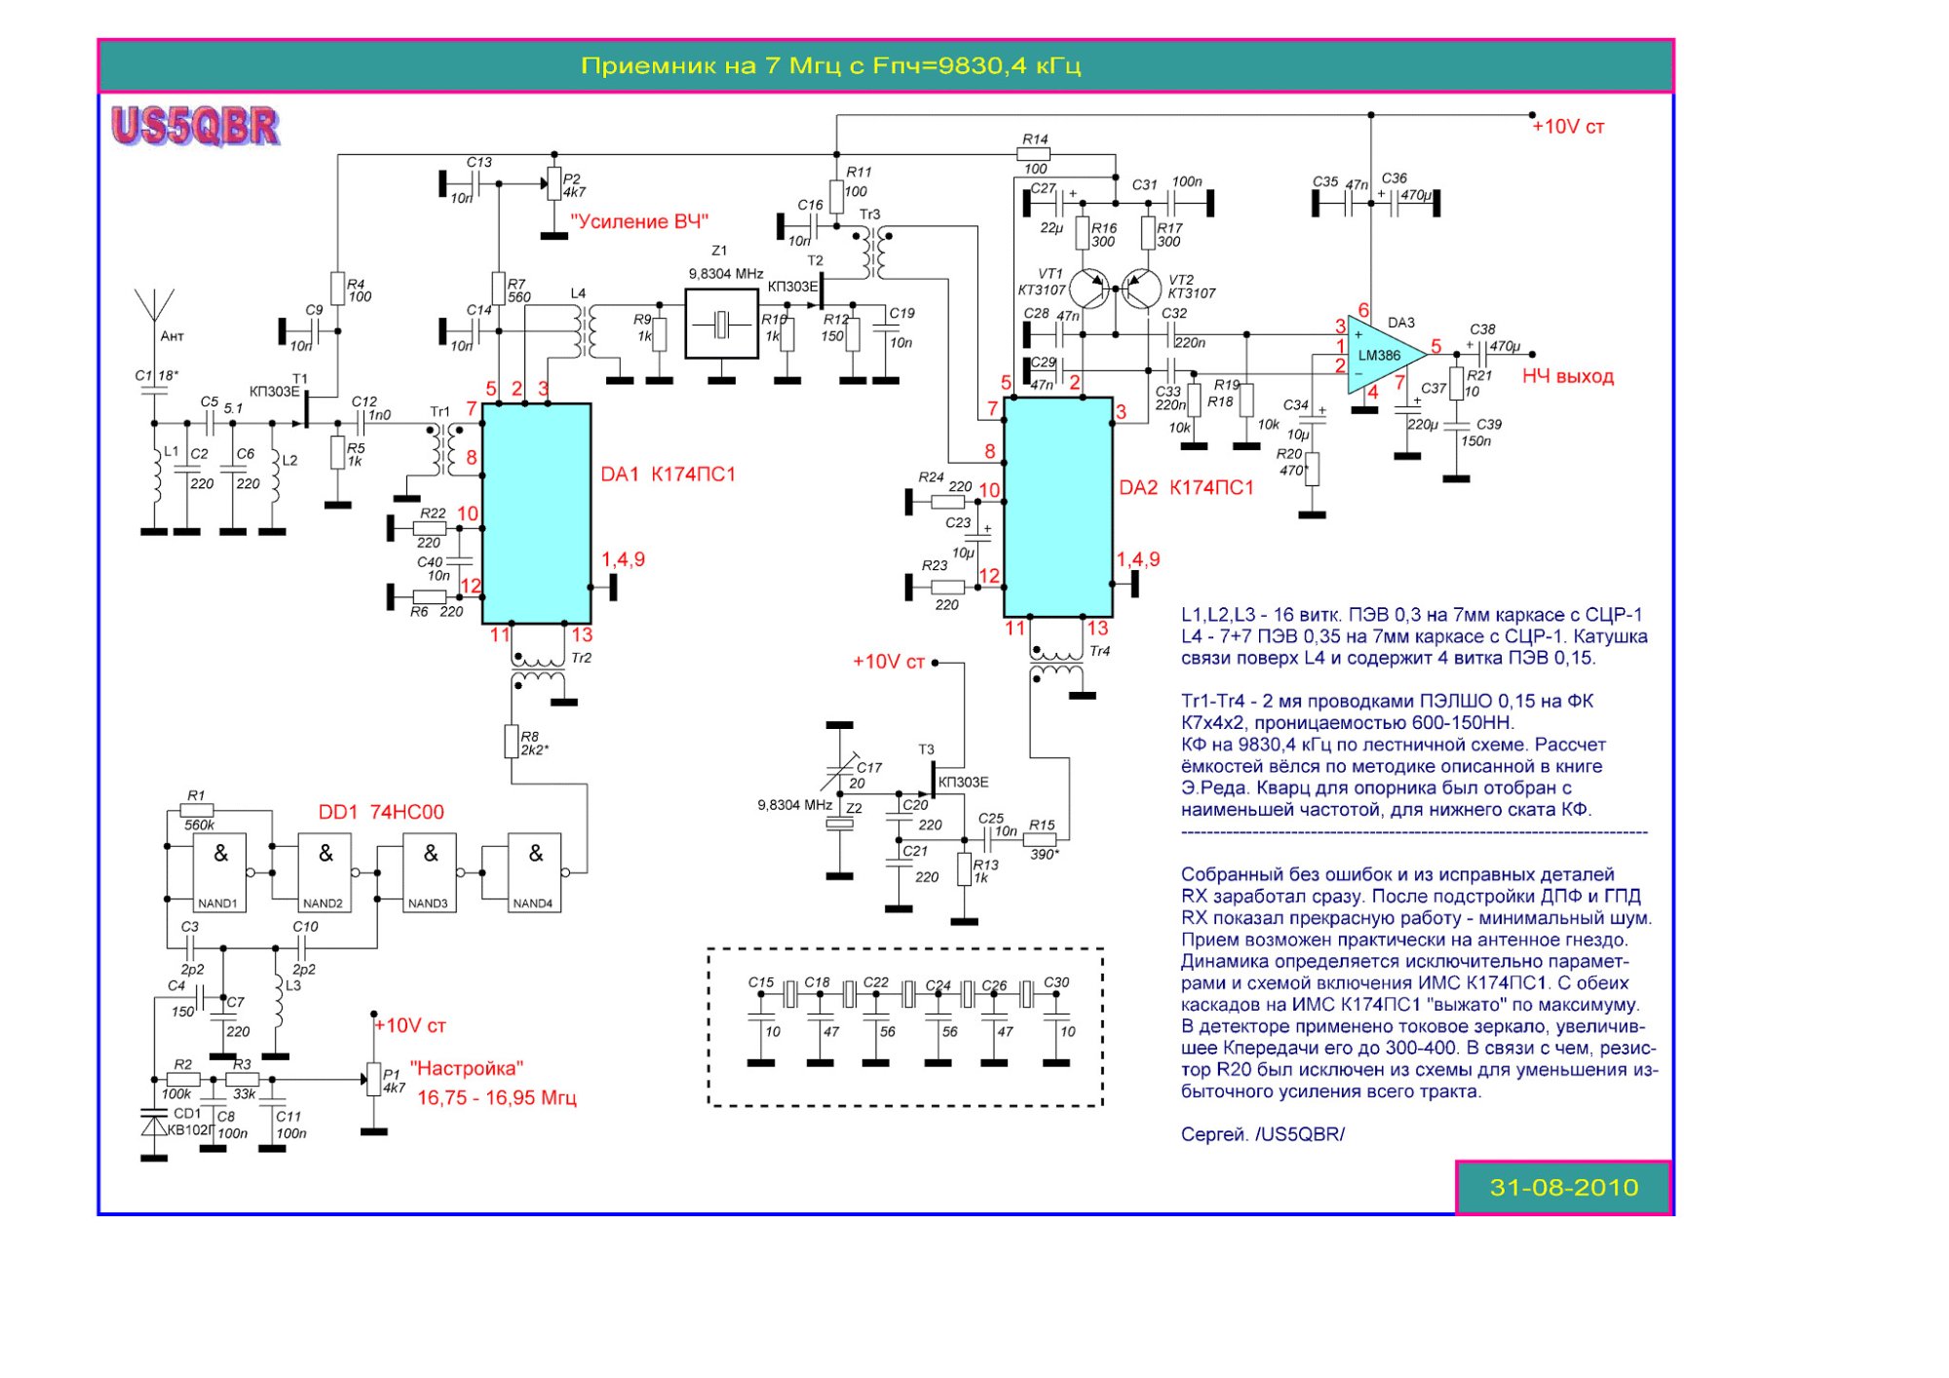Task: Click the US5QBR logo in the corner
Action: click(x=195, y=127)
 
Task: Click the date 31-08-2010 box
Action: click(x=1563, y=1187)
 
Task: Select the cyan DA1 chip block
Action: click(x=537, y=513)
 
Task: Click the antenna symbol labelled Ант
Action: click(x=154, y=307)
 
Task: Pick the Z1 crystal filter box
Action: click(x=721, y=324)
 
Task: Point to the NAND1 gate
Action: click(x=219, y=872)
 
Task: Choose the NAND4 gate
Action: click(x=534, y=872)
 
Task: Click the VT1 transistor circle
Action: click(x=1089, y=288)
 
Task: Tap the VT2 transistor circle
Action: click(x=1141, y=288)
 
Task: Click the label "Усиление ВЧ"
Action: click(x=639, y=222)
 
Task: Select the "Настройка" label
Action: click(x=467, y=1068)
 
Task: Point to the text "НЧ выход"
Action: click(x=1567, y=376)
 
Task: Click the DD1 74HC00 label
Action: click(x=381, y=812)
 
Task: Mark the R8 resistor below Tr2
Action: click(x=511, y=742)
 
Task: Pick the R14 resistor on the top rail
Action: click(x=1033, y=154)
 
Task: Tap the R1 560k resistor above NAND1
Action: click(x=197, y=810)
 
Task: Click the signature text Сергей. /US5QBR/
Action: click(x=1262, y=1134)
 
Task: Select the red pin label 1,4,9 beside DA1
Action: click(x=623, y=559)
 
